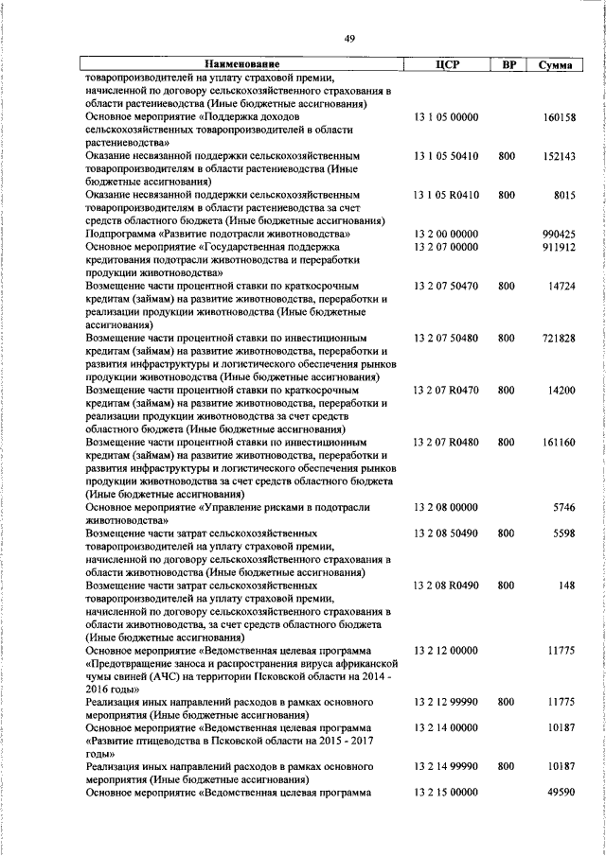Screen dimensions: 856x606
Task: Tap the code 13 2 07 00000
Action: pos(447,246)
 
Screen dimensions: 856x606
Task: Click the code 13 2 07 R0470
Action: pos(447,390)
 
